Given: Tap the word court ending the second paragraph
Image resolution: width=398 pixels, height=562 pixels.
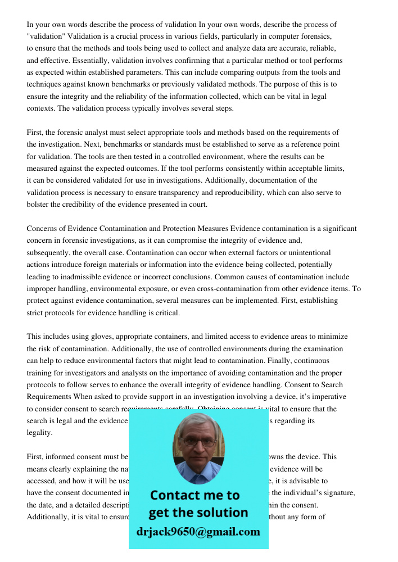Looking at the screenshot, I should (x=196, y=205).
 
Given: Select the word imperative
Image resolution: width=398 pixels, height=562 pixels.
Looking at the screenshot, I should (x=326, y=397).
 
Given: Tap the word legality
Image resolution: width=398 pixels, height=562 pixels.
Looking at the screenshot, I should (x=40, y=433).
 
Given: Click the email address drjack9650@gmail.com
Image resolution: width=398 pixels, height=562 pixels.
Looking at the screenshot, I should (x=198, y=532).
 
